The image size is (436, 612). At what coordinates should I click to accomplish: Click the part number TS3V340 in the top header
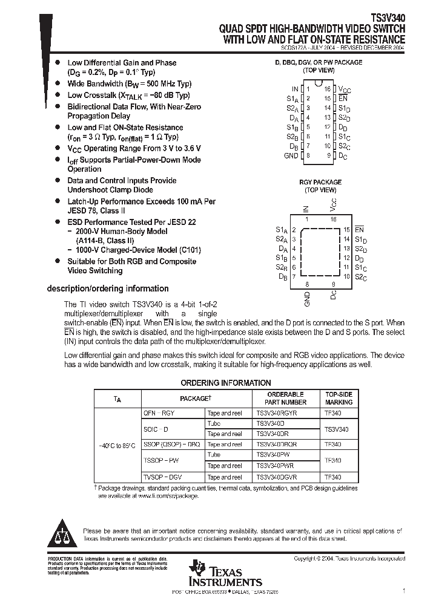(x=388, y=19)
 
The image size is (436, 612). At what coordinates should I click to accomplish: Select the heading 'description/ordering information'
(x=108, y=288)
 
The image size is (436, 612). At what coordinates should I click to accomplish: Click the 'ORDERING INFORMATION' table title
(x=226, y=383)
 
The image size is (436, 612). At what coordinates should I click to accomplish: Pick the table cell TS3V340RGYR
(x=277, y=412)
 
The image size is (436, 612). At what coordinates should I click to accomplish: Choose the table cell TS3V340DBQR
(x=277, y=444)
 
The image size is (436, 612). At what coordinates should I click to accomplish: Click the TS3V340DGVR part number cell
(x=277, y=477)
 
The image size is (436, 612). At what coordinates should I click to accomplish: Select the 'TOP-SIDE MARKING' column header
(x=339, y=398)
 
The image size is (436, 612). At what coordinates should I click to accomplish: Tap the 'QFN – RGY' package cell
(x=159, y=412)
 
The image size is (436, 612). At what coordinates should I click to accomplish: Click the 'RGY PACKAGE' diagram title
(x=320, y=182)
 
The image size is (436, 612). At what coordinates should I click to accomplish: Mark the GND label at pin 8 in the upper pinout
(x=291, y=155)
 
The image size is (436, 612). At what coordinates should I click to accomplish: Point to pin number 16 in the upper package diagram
(x=327, y=89)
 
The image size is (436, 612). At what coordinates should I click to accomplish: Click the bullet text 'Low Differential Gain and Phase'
(x=122, y=63)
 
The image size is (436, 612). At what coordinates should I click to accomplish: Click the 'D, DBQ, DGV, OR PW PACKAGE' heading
(x=319, y=62)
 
